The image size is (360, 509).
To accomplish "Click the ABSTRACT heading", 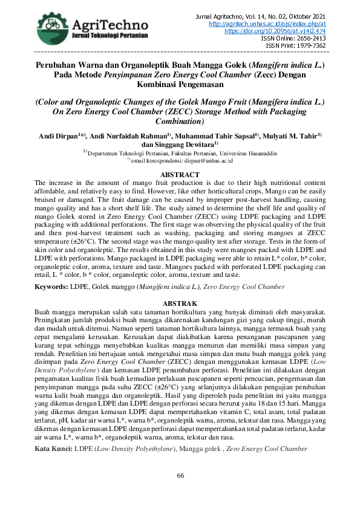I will click(180, 175).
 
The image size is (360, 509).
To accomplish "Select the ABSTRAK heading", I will click(180, 302).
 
